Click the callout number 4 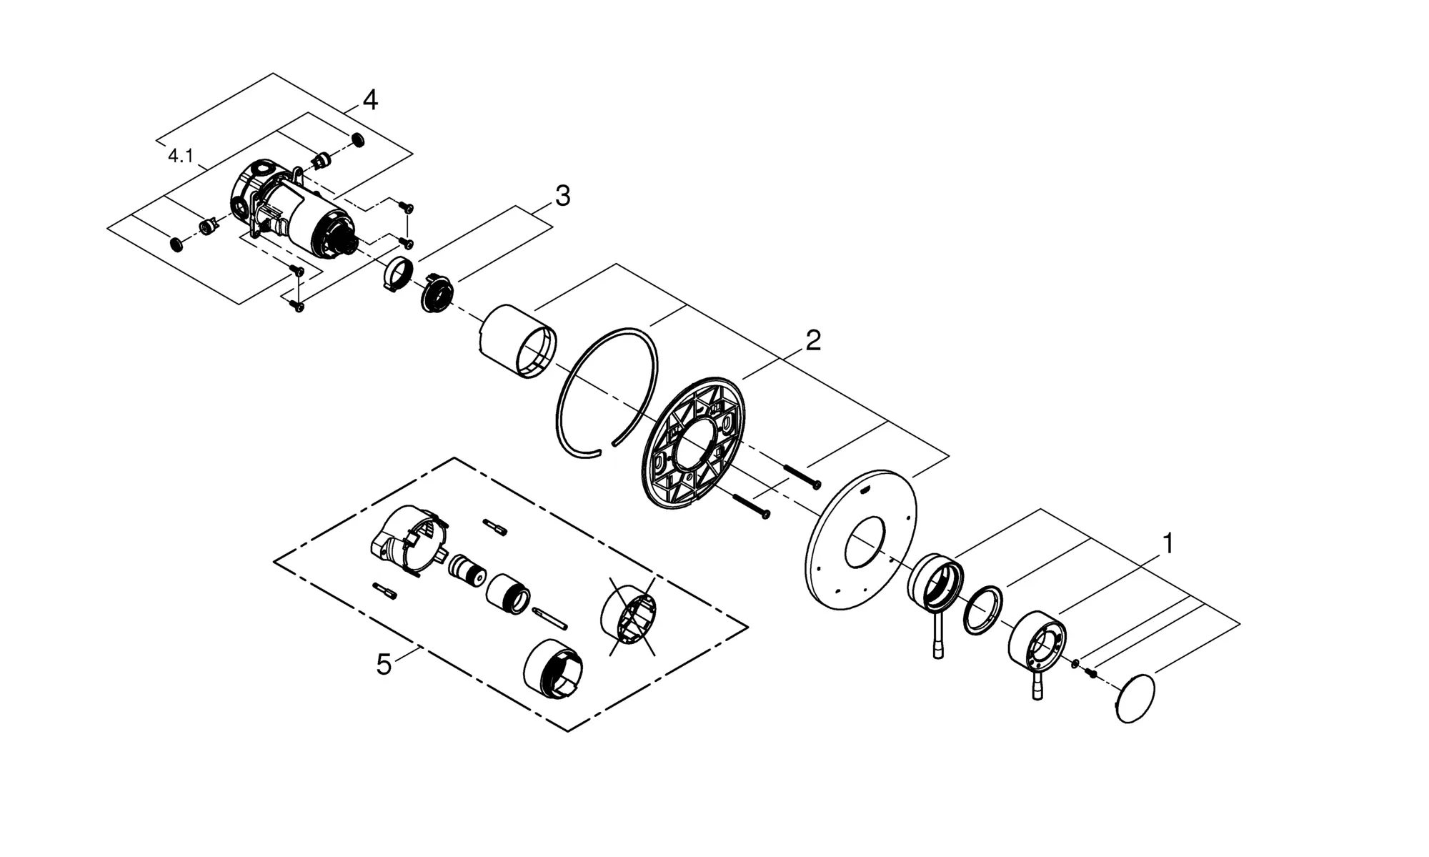point(370,100)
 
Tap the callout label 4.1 point(181,156)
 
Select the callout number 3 point(563,196)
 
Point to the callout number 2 point(813,340)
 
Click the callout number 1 point(1167,544)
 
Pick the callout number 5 point(384,665)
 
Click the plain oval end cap point(1135,698)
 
